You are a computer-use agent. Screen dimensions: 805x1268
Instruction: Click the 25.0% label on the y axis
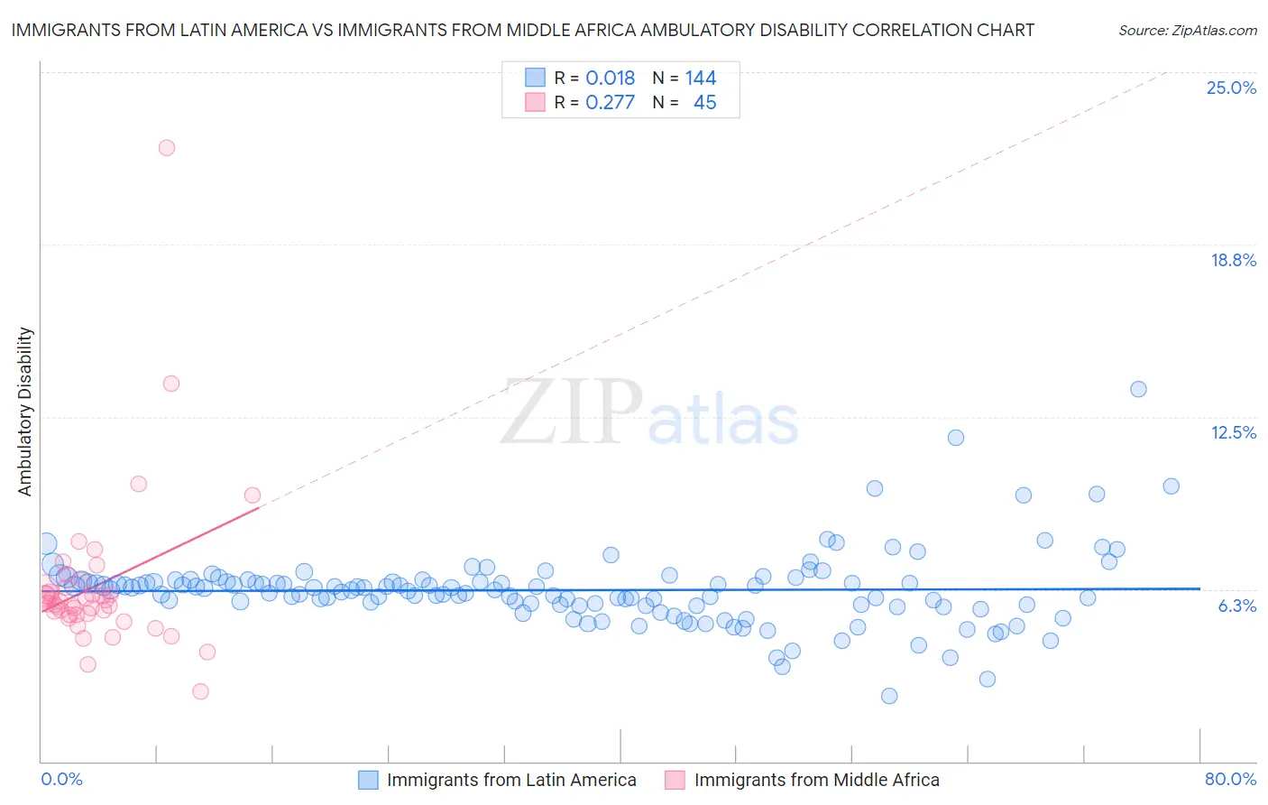1231,88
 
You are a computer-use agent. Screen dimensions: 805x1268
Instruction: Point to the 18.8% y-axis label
1233,260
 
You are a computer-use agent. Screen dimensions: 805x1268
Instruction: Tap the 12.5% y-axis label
1233,432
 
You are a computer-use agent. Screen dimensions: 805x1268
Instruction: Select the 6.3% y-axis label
1236,606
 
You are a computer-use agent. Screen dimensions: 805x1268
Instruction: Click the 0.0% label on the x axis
61,779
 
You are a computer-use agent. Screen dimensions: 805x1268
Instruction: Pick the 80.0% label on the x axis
1230,779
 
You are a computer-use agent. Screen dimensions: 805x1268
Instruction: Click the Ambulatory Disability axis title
25,412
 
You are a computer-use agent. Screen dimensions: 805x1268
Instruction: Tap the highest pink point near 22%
167,148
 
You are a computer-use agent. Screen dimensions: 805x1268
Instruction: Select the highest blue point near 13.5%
1138,389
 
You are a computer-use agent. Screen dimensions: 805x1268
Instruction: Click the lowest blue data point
889,696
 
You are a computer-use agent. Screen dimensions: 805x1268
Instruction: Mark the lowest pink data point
201,691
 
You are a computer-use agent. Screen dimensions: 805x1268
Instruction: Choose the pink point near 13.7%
171,384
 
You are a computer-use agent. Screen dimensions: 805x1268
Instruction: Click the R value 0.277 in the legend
610,103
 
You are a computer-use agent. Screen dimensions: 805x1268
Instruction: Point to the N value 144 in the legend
700,79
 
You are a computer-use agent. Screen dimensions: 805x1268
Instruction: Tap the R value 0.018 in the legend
610,79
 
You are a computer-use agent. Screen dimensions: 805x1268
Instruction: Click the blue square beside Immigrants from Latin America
368,780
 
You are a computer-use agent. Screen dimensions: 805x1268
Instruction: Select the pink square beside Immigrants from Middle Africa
675,780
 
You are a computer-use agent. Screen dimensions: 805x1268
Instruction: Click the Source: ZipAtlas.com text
1187,31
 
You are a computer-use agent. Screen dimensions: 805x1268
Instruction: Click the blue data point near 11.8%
956,438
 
